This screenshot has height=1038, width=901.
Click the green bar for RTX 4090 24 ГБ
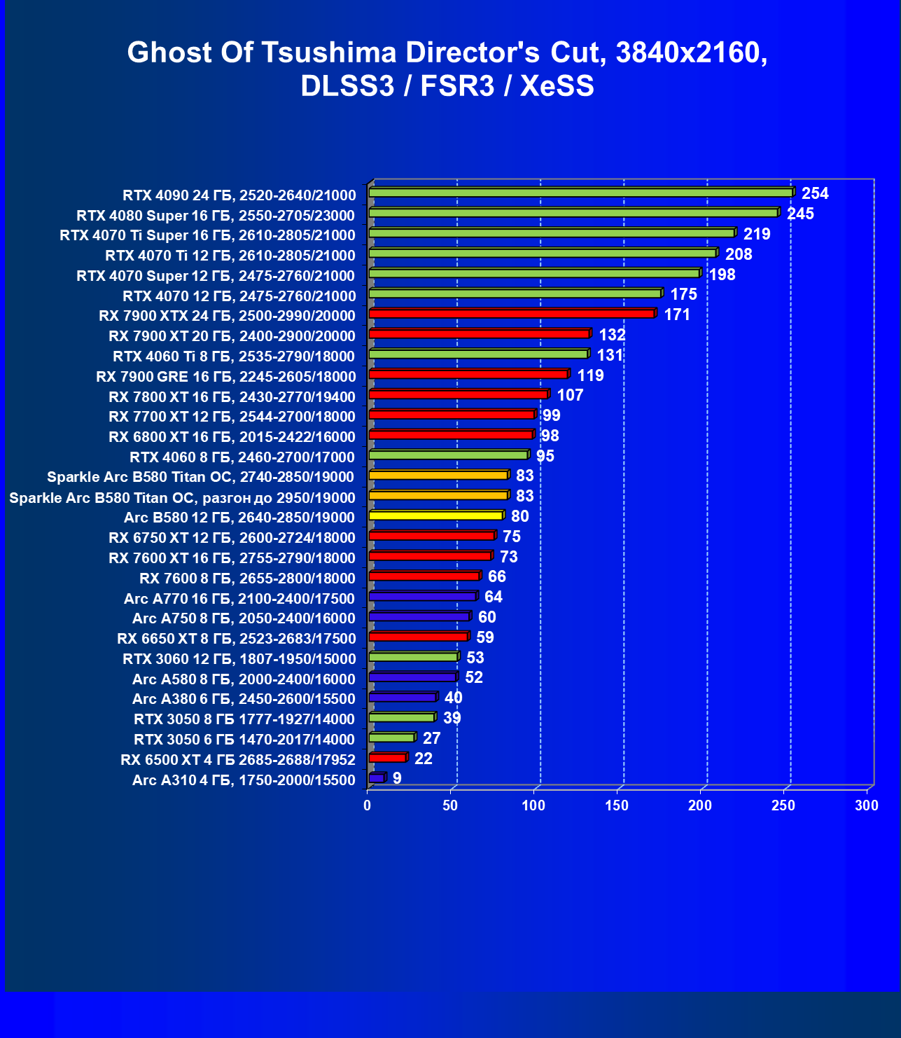click(580, 193)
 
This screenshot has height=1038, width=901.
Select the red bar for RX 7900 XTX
click(512, 314)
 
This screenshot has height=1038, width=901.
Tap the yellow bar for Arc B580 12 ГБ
click(435, 515)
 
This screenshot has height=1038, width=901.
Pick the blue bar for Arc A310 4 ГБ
click(377, 778)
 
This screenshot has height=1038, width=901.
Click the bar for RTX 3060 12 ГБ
click(413, 657)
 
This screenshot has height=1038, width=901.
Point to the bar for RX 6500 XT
click(387, 758)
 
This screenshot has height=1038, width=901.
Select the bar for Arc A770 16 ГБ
click(422, 597)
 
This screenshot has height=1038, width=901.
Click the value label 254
click(815, 193)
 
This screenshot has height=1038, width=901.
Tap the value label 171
click(677, 314)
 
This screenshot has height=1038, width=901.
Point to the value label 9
click(397, 778)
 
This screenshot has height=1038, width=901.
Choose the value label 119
click(590, 375)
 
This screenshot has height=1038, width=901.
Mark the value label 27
click(431, 738)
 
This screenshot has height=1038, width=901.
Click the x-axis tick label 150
click(617, 805)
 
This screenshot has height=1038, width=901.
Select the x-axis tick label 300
click(867, 805)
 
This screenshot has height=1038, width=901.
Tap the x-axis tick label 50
click(450, 805)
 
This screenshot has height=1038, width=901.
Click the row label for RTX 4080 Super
click(216, 216)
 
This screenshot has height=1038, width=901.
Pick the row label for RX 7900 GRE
click(225, 377)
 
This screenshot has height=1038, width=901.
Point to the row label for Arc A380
click(244, 699)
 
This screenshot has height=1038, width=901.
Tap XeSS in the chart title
click(557, 86)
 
